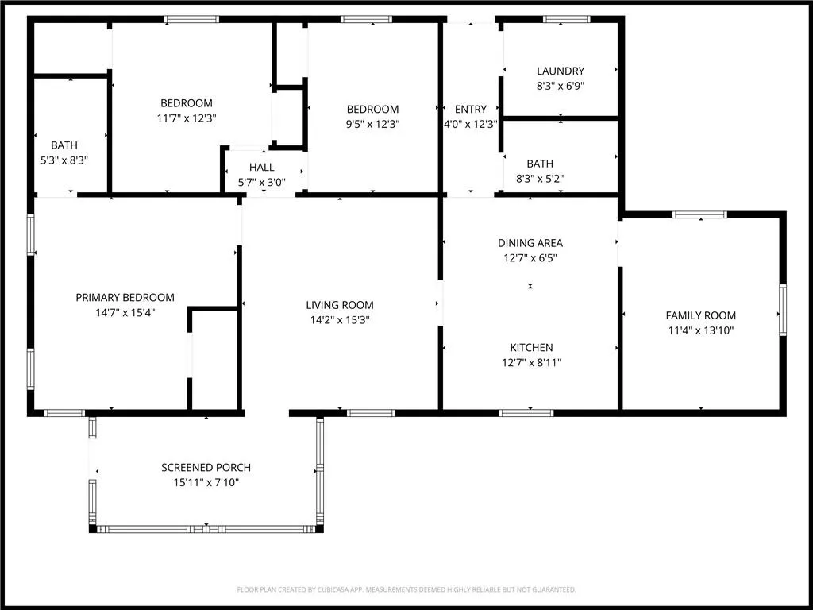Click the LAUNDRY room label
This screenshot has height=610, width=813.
point(561,71)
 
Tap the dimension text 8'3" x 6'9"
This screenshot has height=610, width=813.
point(561,86)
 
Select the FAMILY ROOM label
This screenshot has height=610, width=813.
point(700,315)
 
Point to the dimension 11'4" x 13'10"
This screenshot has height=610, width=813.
point(700,330)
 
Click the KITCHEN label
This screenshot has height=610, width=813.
point(531,348)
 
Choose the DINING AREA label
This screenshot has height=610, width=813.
point(530,243)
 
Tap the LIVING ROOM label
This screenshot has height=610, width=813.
point(340,305)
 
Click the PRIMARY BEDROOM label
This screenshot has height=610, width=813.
point(125,298)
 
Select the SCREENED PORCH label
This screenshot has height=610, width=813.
point(206,467)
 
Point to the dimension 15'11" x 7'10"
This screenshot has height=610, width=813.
point(206,482)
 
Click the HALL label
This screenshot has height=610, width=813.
point(261,168)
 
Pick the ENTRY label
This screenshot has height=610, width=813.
point(471,110)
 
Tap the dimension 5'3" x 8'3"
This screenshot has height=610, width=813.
point(64,160)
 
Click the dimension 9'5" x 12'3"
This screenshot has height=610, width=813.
point(372,124)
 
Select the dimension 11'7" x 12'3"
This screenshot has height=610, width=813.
point(187,118)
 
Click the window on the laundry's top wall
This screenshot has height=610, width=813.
point(566,19)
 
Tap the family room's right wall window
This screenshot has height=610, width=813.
point(782,311)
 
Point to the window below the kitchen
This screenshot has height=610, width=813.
point(526,413)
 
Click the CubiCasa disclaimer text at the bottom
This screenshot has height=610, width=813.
point(406,590)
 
